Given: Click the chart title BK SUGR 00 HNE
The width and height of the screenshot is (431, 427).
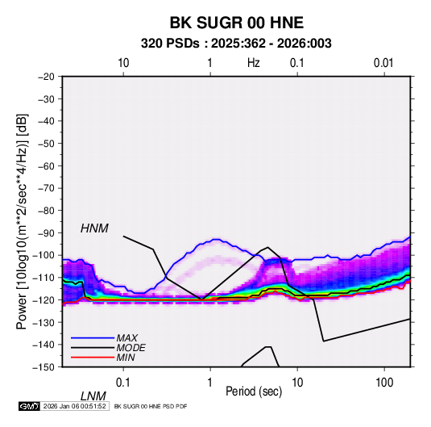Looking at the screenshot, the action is (237, 23).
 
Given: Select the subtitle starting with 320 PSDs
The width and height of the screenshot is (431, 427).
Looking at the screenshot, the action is (236, 44).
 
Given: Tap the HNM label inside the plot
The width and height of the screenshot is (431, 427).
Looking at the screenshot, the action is (94, 228).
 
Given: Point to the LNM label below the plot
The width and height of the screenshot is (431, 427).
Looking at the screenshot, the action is (93, 396).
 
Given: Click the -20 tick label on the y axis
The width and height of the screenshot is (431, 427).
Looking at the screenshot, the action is (46, 77).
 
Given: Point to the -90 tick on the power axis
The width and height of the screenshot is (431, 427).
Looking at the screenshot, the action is (46, 233).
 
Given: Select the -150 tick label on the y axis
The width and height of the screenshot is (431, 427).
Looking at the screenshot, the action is (44, 367).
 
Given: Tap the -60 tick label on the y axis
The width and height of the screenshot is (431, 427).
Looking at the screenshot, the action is (46, 166).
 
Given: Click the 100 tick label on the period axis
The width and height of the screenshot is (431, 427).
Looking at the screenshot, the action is (384, 383).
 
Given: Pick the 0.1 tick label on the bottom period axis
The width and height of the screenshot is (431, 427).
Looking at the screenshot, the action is (123, 383).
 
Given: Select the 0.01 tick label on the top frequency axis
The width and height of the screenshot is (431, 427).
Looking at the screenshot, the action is (383, 63).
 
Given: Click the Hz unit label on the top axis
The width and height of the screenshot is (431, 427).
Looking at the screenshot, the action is (254, 63).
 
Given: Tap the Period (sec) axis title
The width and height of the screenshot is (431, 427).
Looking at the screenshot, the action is (254, 391).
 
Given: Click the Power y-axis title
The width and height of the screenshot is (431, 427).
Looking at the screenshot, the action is (22, 222).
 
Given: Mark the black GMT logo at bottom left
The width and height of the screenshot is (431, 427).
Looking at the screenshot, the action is (29, 406).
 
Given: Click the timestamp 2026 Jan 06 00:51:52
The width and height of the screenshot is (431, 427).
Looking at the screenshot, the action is (74, 406).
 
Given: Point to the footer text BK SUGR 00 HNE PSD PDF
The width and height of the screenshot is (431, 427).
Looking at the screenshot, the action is (151, 406).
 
